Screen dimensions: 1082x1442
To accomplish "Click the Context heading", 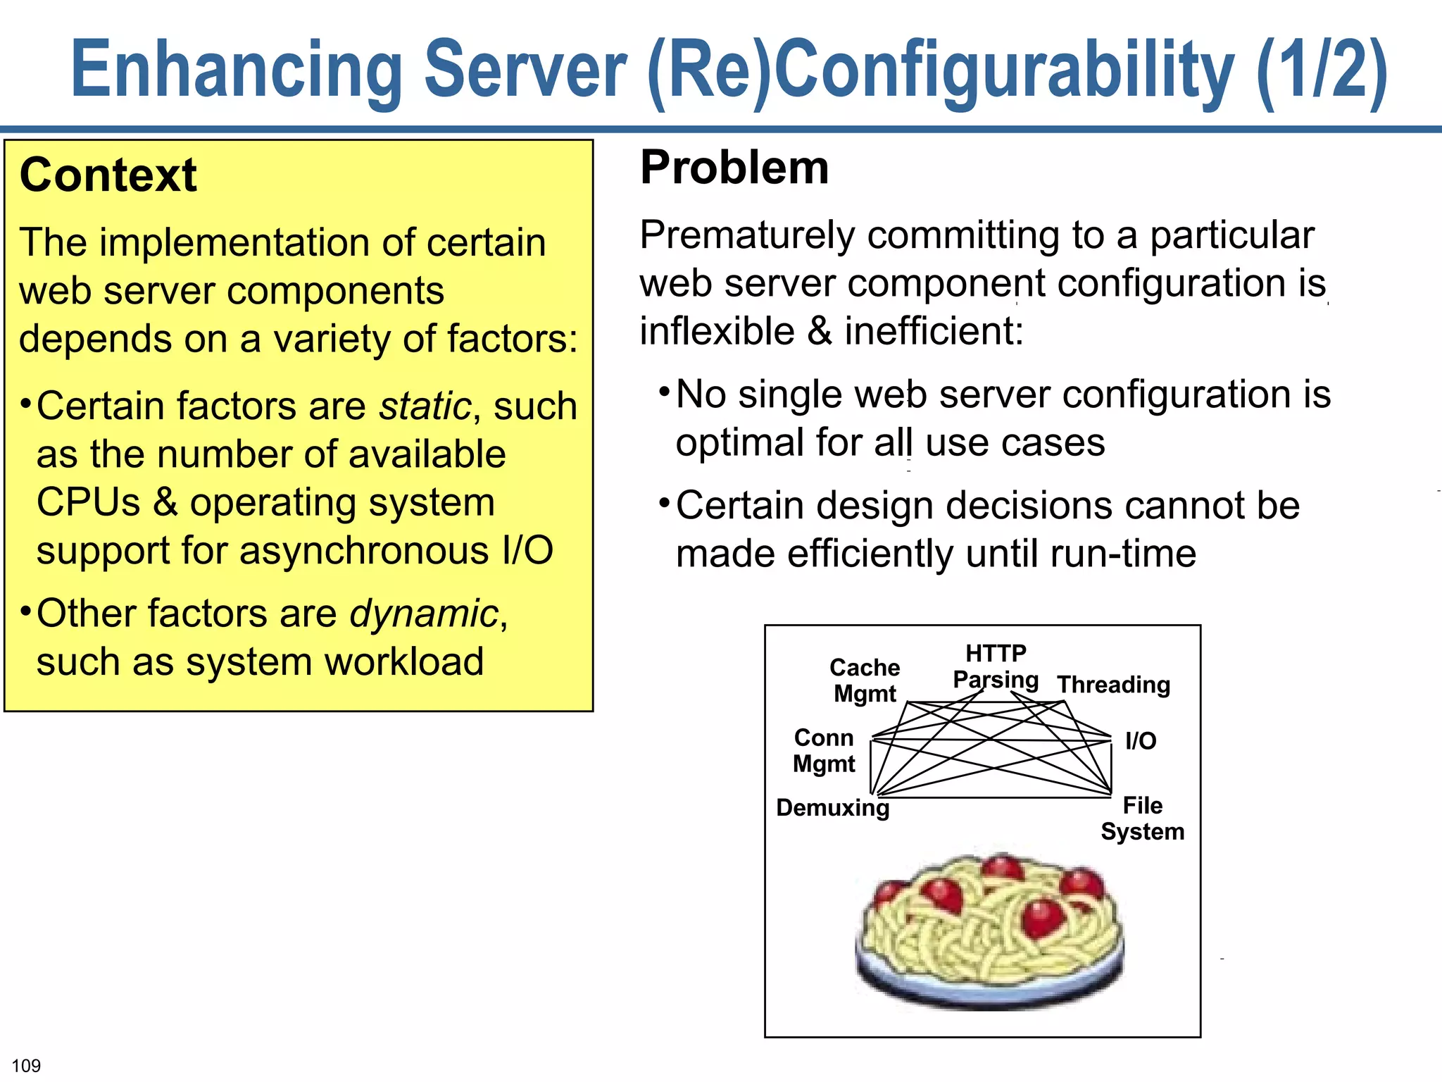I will [108, 175].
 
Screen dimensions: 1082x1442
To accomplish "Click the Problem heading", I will [734, 168].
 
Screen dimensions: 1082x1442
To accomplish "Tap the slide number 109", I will [26, 1065].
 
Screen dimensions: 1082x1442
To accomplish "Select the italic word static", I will [425, 406].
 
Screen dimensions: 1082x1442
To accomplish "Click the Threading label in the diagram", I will [1113, 684].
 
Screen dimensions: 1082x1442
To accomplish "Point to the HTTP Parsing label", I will [996, 666].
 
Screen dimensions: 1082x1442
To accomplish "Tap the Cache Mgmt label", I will [865, 680].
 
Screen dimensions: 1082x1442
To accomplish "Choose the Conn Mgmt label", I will [824, 750].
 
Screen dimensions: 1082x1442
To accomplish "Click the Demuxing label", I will [832, 807].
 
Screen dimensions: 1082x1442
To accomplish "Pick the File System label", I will [1142, 818].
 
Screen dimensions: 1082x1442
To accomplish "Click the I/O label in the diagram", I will [1140, 740].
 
